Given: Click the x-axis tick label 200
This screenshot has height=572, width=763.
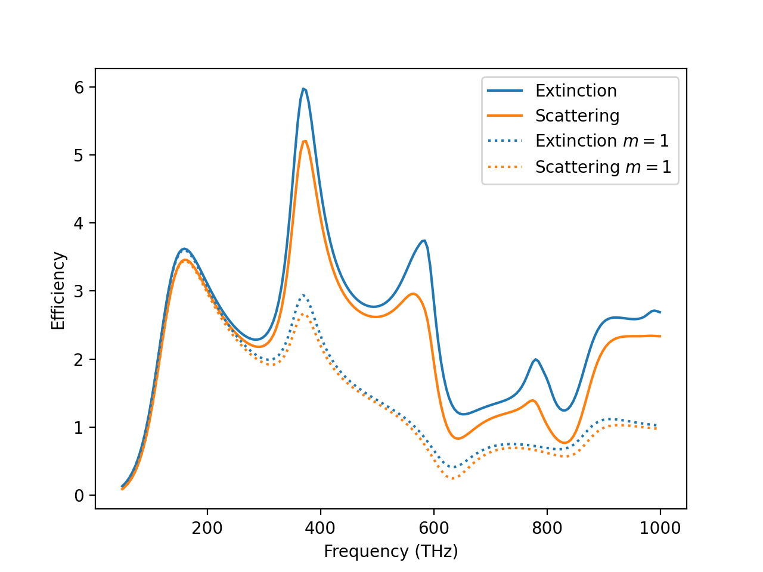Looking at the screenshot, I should point(207,529).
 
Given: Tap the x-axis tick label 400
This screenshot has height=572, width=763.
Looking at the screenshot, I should point(321,529).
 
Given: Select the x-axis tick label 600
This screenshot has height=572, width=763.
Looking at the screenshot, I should point(433,529).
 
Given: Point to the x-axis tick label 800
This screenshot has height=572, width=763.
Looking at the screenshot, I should point(547,529).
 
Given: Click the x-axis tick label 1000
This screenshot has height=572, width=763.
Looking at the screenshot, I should point(660,529).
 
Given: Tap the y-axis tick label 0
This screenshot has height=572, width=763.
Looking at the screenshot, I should point(80,496).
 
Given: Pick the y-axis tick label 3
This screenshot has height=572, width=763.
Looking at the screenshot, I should point(80,291).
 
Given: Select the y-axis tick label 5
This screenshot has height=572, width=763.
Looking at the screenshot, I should point(80,156).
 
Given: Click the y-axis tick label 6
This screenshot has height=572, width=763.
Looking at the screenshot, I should point(80,88).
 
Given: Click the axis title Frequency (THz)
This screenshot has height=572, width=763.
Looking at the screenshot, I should point(391,552).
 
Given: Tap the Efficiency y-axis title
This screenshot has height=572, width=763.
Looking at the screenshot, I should point(58,290).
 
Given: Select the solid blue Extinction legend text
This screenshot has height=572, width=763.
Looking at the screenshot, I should point(576,91).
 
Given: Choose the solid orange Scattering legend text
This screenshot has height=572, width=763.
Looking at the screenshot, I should point(577,116).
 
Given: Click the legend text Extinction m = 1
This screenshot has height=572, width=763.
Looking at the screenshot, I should point(602,141).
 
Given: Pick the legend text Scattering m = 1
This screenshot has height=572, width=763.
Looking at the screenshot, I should point(603,167).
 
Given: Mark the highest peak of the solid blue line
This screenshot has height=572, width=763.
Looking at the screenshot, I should point(303,89).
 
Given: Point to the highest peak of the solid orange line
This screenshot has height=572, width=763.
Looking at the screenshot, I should point(305,141).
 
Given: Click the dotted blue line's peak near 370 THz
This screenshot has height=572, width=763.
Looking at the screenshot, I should point(303,295).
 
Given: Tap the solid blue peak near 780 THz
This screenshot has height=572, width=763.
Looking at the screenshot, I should point(536,359).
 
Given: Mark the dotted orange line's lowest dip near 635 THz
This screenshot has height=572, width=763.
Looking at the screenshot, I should point(453,478).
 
